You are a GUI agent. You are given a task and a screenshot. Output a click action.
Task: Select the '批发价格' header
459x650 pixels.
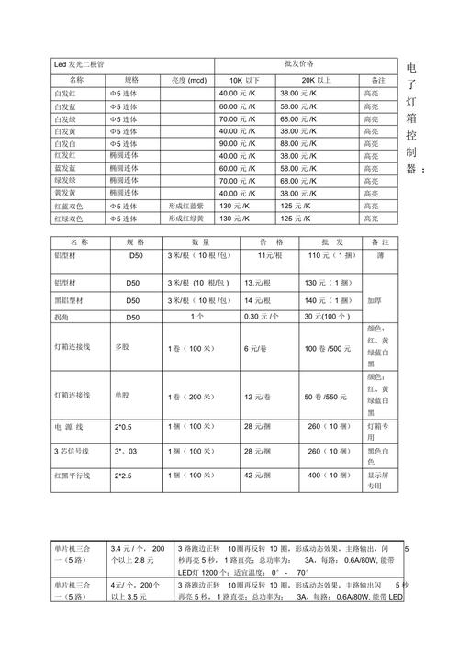pos(299,64)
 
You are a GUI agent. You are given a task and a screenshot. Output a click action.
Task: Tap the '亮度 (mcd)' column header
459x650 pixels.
pos(189,81)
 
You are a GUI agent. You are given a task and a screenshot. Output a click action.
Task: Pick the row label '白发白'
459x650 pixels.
pos(66,144)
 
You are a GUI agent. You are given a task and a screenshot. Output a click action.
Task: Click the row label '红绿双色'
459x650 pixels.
pos(70,219)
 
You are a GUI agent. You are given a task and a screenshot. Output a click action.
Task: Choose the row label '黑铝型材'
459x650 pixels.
pos(72,300)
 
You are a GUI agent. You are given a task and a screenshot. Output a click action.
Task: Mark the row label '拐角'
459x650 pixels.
pos(63,317)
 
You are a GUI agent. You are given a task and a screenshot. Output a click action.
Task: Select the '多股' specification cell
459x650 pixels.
pos(122,349)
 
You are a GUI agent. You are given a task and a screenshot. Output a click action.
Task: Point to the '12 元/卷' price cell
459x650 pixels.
pos(256,396)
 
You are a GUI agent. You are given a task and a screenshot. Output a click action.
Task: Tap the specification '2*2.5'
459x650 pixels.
pos(125,476)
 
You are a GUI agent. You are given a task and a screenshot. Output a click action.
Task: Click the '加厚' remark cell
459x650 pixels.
pos(375,300)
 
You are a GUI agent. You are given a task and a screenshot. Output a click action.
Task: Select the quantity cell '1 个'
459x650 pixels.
pos(196,317)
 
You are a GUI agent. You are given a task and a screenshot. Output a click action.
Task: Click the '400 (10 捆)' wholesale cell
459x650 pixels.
pos(326,476)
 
